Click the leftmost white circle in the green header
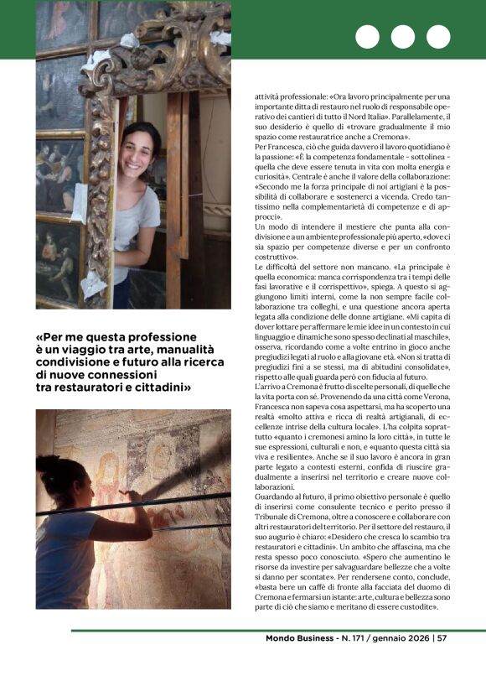pos(367,37)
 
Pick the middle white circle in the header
pos(403,37)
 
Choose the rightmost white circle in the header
pos(438,37)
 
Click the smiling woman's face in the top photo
pos(140,148)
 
